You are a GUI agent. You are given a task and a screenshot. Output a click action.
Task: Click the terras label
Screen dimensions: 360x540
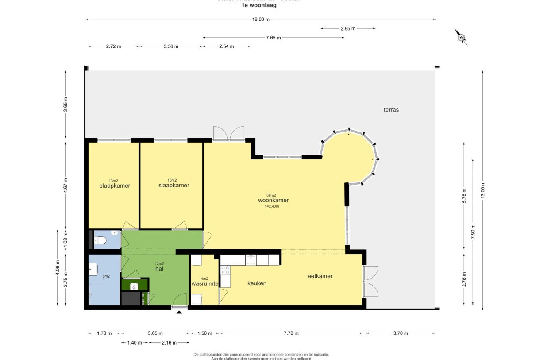click(x=391, y=109)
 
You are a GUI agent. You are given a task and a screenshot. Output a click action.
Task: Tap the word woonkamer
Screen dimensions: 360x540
click(x=273, y=200)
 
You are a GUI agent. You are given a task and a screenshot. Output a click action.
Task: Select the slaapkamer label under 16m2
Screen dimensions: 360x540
click(x=174, y=185)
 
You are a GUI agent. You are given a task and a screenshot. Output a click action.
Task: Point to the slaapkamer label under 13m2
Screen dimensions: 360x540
click(x=115, y=186)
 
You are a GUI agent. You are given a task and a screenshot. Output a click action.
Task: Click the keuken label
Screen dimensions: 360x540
click(x=257, y=283)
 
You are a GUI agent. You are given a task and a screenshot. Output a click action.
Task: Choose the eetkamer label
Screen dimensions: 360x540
click(x=320, y=276)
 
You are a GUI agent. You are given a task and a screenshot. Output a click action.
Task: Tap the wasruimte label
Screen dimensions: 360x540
click(x=205, y=283)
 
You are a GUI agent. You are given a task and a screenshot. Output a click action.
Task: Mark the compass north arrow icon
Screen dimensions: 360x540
click(x=461, y=38)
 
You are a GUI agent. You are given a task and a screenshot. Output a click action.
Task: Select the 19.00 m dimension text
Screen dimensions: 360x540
click(x=261, y=19)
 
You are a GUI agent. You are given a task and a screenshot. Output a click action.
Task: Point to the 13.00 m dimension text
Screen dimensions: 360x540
click(x=483, y=190)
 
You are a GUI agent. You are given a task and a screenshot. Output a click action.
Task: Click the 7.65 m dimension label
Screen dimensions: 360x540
click(x=273, y=38)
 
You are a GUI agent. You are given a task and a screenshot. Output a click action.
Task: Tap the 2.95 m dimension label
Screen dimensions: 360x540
click(x=348, y=28)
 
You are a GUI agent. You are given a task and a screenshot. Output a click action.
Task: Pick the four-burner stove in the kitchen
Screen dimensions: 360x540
click(x=225, y=270)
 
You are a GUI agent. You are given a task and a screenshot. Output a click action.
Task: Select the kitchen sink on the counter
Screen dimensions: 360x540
click(x=251, y=259)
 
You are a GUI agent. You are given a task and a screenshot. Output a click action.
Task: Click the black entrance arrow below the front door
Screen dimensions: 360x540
click(x=179, y=312)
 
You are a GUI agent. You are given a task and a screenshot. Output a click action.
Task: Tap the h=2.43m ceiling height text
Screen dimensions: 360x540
click(x=272, y=206)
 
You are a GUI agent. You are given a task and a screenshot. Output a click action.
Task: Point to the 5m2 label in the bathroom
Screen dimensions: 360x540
click(x=106, y=276)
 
